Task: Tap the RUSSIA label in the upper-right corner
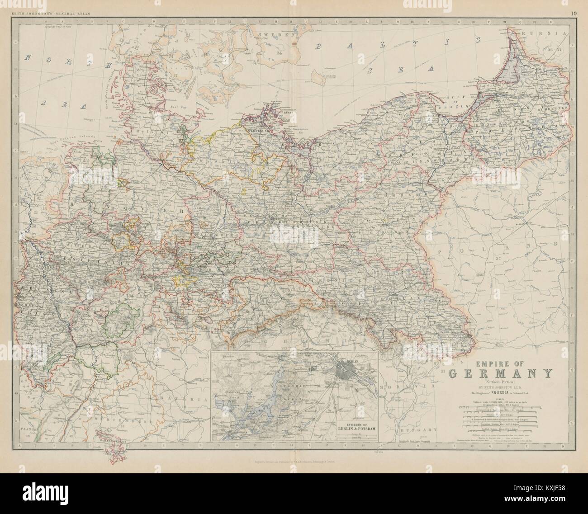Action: click(550, 33)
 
